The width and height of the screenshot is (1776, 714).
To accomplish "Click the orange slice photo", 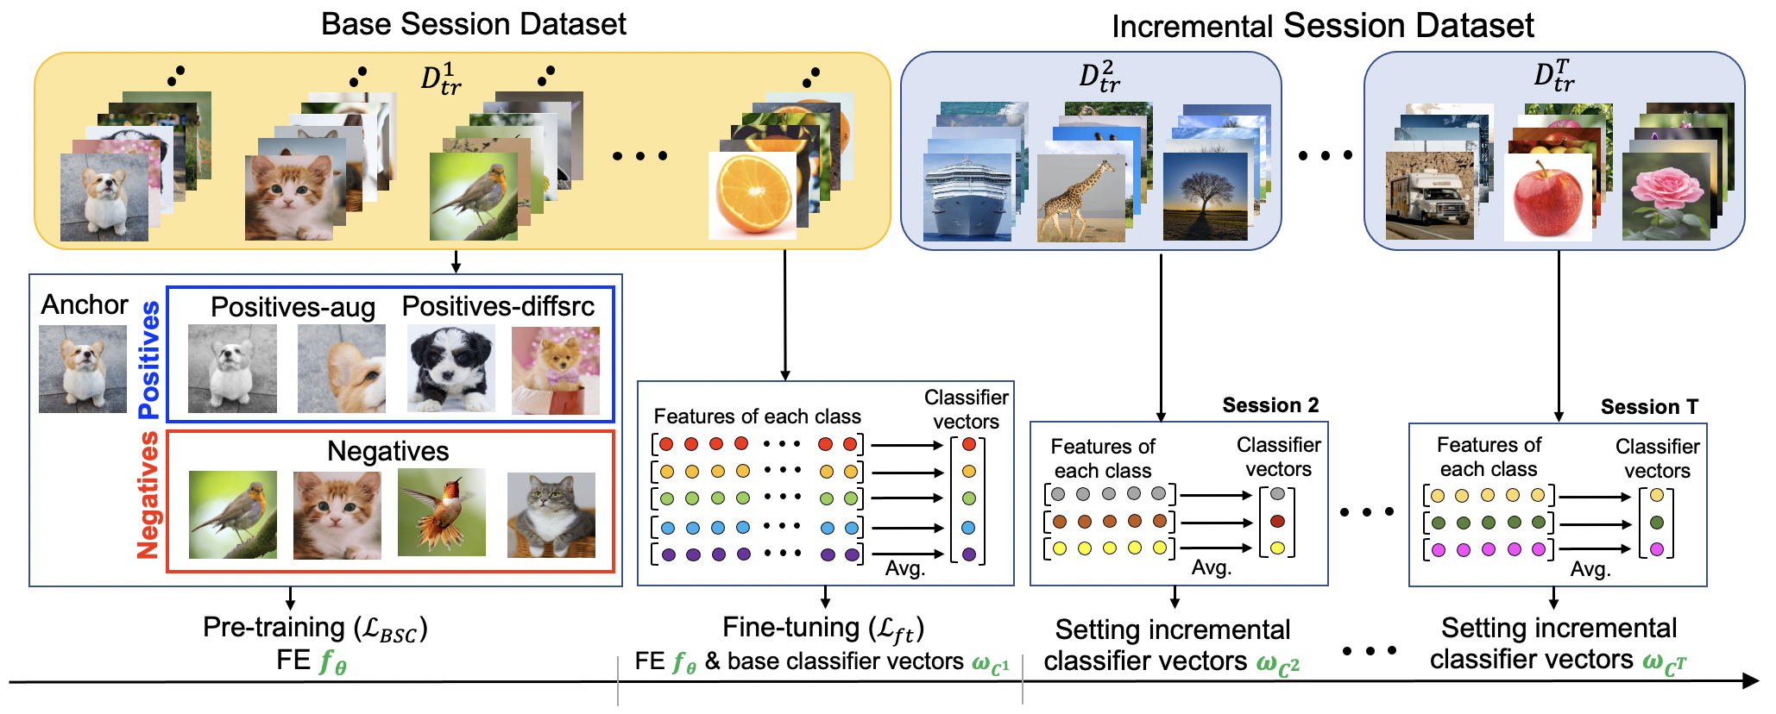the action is (x=753, y=195).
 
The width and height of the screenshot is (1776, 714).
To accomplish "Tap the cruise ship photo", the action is (x=967, y=197).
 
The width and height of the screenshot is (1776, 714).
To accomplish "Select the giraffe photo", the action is (x=1081, y=197).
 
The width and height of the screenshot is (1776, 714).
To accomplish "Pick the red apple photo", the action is (x=1548, y=197).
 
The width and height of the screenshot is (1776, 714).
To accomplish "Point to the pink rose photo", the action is (x=1666, y=197).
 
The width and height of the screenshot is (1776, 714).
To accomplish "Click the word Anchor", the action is (x=85, y=304).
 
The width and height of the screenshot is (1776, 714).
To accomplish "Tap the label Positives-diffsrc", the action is (x=498, y=306).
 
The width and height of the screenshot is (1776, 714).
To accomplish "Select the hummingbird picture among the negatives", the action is (x=442, y=513).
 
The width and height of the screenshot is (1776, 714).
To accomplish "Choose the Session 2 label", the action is (x=1270, y=405).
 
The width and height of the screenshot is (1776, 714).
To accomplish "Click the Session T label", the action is (x=1649, y=407).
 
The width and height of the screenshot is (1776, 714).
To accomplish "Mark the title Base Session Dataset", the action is (x=474, y=24).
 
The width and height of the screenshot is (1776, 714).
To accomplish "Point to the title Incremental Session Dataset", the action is (x=1323, y=26).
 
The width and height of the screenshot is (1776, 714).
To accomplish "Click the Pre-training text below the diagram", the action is (x=274, y=628).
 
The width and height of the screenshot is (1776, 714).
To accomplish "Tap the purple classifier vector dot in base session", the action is (x=969, y=554).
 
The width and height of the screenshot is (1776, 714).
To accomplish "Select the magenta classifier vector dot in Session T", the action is (x=1656, y=549).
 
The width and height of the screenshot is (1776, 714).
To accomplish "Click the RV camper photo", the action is (x=1430, y=196).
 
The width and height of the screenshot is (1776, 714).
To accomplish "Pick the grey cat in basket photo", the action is (x=551, y=515).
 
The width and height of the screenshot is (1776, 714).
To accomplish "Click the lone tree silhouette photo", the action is (x=1206, y=197).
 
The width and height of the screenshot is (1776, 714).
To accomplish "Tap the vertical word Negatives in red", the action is (x=148, y=495).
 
